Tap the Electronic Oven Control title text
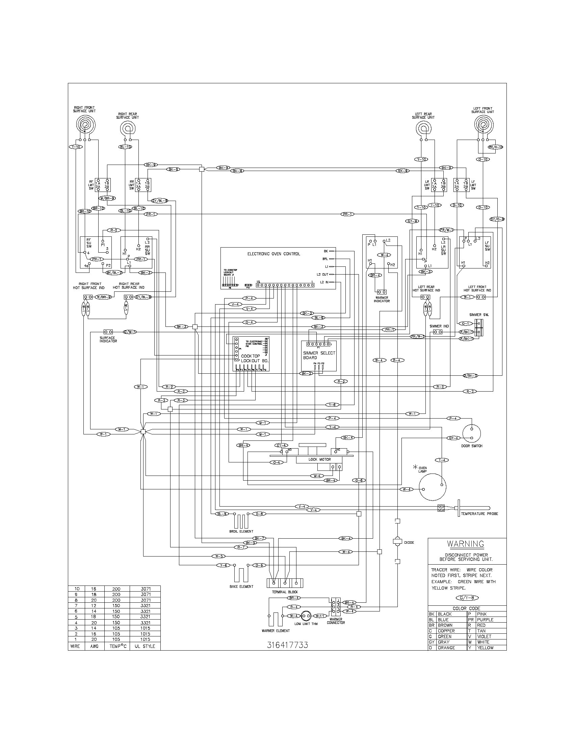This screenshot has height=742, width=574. (x=274, y=254)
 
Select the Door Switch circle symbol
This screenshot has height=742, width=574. (x=472, y=434)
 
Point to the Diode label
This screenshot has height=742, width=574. (x=409, y=543)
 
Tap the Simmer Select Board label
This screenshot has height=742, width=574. (x=319, y=355)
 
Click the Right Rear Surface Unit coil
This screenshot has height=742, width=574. (x=127, y=130)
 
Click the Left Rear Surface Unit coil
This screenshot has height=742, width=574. (x=423, y=130)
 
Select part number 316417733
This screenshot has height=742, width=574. (x=287, y=645)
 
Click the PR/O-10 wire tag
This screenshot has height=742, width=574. (x=495, y=147)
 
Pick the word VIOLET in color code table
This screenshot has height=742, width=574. (x=484, y=636)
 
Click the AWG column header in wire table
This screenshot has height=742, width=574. (x=94, y=646)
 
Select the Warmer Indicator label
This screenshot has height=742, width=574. (x=382, y=299)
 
